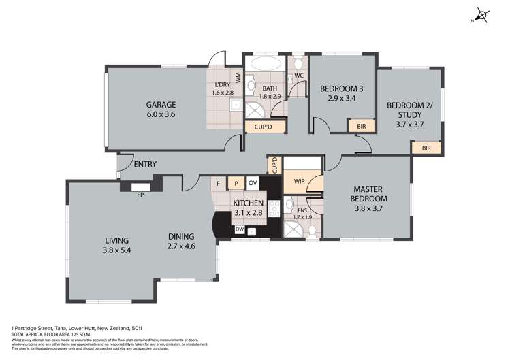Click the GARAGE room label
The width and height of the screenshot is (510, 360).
tap(161, 105)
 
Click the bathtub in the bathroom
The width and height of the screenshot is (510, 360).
tap(264, 65)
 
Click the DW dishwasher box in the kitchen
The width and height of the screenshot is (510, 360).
tap(240, 230)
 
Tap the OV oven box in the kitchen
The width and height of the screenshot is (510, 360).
tap(252, 183)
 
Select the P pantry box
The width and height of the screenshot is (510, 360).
tap(236, 183)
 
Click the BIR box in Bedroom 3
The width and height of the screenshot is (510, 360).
tap(362, 126)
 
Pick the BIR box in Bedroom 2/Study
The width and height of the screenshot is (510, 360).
tap(426, 148)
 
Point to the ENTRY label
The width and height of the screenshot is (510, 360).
tap(146, 164)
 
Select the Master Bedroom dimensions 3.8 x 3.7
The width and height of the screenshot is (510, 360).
tap(370, 209)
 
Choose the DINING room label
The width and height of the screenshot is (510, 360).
tap(181, 237)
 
